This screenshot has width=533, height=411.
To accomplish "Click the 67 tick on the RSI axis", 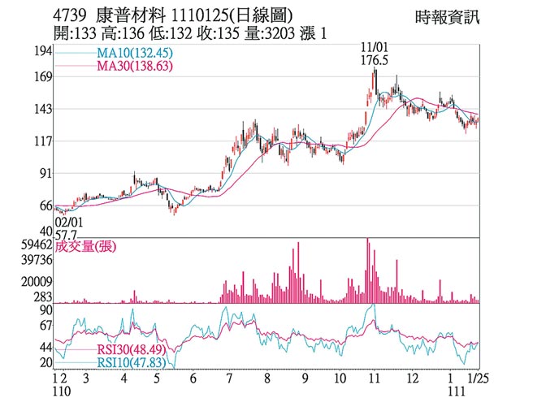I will (x=45, y=326).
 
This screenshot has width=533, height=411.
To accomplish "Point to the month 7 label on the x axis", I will (x=231, y=378).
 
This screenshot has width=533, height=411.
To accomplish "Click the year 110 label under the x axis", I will (x=60, y=392).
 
